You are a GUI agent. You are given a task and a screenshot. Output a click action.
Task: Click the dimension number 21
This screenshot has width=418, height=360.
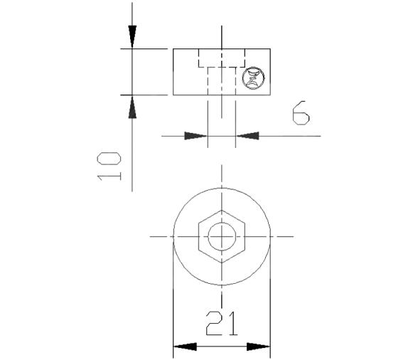[x=222, y=323]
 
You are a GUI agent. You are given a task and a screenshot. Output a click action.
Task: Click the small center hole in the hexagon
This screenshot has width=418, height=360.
[x=222, y=236]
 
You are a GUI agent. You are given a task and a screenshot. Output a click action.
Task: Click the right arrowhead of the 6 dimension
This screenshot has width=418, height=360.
[x=248, y=134]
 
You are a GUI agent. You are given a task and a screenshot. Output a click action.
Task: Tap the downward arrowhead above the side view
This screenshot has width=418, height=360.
[x=132, y=36]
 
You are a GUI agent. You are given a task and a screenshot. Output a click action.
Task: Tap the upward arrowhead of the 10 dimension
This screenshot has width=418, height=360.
[x=132, y=107]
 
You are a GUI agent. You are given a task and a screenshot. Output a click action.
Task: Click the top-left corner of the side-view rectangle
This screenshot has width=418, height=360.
[x=173, y=49]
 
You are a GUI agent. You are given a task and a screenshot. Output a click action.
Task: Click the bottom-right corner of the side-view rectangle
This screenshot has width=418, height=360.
[x=272, y=94]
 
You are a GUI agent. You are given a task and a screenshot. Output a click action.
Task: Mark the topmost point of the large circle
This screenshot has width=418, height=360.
[x=222, y=187]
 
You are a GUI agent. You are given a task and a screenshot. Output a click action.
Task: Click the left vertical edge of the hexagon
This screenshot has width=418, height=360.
[x=198, y=236]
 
